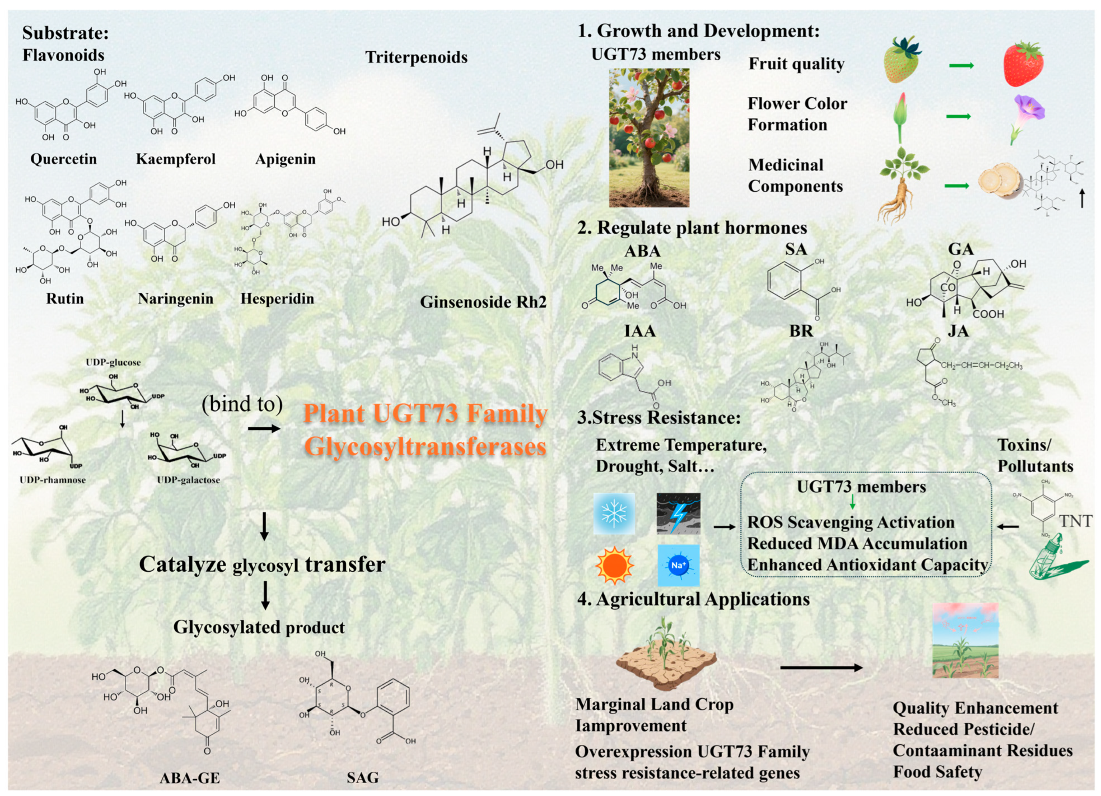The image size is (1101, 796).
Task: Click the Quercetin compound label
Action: point(64,159)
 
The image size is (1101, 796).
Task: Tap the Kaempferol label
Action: point(175,159)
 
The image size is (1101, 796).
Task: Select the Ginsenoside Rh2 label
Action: point(483,302)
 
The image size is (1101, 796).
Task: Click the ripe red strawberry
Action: point(1023,64)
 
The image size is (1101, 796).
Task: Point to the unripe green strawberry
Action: point(902,60)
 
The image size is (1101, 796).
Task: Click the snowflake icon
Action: point(614,513)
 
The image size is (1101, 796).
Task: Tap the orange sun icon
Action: point(614,565)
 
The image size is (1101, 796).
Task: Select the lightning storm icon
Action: point(678,513)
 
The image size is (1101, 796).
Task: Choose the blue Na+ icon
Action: point(678,565)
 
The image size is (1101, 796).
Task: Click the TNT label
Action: point(1075,521)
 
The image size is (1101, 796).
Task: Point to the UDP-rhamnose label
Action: point(52,480)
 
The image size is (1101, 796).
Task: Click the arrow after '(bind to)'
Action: point(264,428)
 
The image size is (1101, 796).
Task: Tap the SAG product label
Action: point(362,778)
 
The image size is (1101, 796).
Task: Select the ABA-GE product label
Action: point(190,778)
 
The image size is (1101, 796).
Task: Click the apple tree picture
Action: point(649,138)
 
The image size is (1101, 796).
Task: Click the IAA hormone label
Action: point(639,331)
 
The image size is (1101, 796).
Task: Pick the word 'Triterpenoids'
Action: point(416,57)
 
